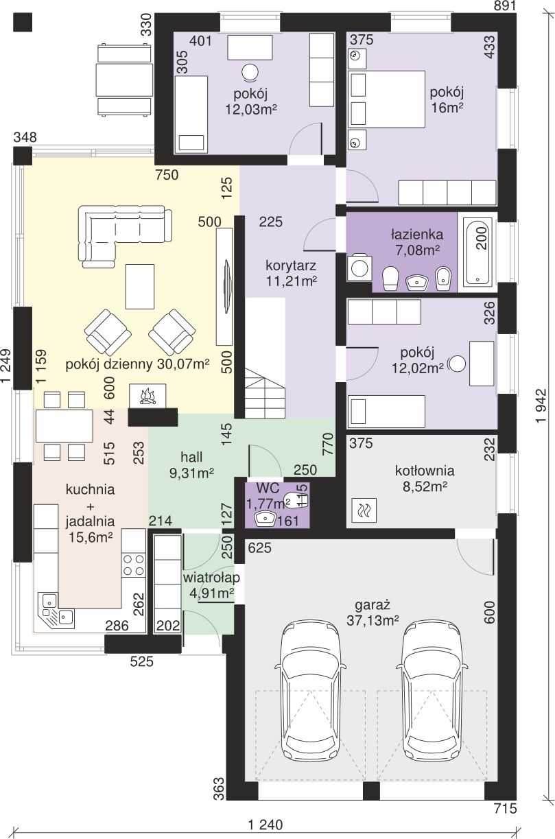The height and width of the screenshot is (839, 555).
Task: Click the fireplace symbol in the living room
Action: click(147, 395)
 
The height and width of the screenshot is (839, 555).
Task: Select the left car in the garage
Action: click(309, 692)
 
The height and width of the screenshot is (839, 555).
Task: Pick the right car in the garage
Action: click(432, 692)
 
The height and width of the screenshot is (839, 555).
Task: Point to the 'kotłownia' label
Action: click(425, 471)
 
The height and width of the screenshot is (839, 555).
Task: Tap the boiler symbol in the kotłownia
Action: click(364, 510)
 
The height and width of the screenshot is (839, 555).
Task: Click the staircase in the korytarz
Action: click(265, 392)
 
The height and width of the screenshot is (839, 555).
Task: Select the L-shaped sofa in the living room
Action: click(125, 236)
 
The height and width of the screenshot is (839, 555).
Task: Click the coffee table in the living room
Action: click(140, 287)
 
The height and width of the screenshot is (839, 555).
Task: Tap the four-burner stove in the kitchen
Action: click(134, 565)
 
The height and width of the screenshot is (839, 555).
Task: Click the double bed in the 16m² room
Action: click(386, 99)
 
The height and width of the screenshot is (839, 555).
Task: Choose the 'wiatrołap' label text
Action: click(211, 577)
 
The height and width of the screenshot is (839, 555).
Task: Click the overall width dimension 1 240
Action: click(265, 824)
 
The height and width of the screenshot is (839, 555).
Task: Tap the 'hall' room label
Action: click(191, 457)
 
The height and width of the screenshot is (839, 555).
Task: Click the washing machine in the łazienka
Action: click(359, 268)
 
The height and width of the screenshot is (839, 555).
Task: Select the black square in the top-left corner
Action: click(23, 22)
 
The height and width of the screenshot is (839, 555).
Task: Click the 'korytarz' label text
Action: click(291, 265)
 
